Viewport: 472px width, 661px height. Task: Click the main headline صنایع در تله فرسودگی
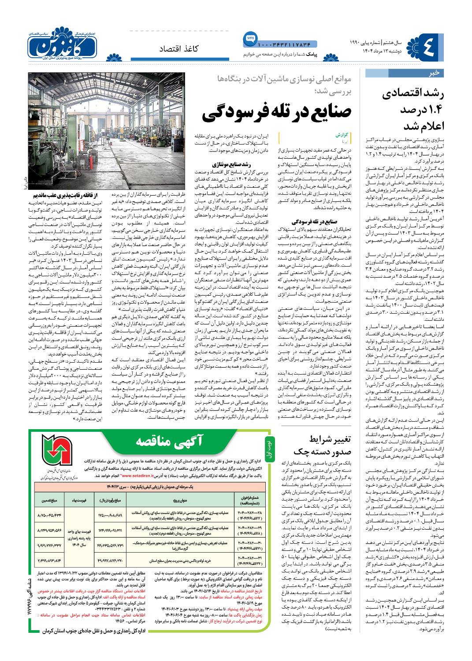[x=276, y=114]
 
